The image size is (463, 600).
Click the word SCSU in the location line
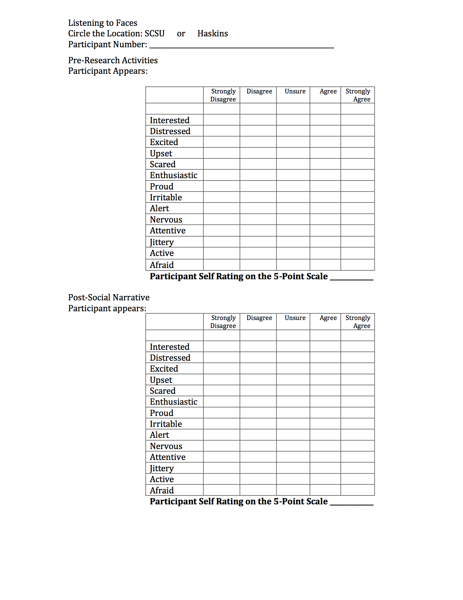(155, 33)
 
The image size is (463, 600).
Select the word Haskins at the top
(212, 33)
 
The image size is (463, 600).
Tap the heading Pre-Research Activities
(113, 60)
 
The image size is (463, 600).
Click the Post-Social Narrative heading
(109, 297)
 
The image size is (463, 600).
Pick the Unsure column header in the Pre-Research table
(295, 91)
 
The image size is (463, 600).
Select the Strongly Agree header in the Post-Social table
(358, 322)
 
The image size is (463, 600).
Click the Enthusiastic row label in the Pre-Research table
(174, 175)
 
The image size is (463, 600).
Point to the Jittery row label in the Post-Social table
(162, 468)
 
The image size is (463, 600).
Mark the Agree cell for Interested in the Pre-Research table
(325, 120)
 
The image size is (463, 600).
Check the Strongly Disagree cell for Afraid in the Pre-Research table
(222, 265)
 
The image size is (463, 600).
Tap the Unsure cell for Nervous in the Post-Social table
(293, 446)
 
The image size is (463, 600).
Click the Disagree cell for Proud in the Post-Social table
(258, 413)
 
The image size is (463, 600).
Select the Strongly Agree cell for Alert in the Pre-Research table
(358, 208)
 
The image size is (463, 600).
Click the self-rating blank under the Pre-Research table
(352, 278)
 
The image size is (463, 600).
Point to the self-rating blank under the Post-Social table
(352, 503)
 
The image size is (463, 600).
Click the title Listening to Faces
(103, 23)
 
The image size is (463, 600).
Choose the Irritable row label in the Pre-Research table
(166, 197)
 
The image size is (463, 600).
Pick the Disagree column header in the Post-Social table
(259, 318)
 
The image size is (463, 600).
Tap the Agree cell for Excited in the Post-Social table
(325, 368)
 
